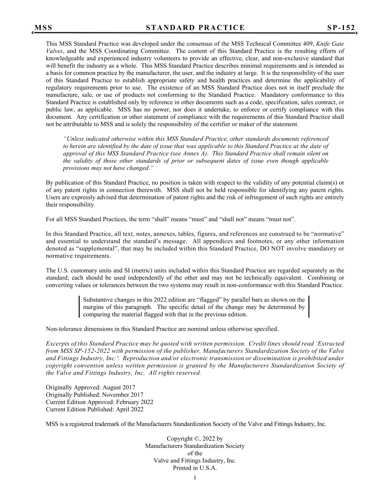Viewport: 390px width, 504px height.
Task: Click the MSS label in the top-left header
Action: pyautogui.click(x=43, y=28)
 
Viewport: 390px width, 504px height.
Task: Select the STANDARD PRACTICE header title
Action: pyautogui.click(x=195, y=28)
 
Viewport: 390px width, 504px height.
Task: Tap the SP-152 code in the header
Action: pyautogui.click(x=341, y=28)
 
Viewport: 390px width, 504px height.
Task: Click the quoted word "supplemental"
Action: pyautogui.click(x=92, y=249)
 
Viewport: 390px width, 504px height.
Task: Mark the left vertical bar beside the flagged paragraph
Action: pyautogui.click(x=79, y=307)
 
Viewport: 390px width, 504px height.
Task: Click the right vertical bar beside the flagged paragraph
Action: pyautogui.click(x=309, y=307)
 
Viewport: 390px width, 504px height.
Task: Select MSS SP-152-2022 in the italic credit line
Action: pyautogui.click(x=84, y=351)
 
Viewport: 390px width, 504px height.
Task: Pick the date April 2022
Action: pyautogui.click(x=128, y=409)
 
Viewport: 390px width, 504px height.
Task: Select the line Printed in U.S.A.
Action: pyautogui.click(x=195, y=468)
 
